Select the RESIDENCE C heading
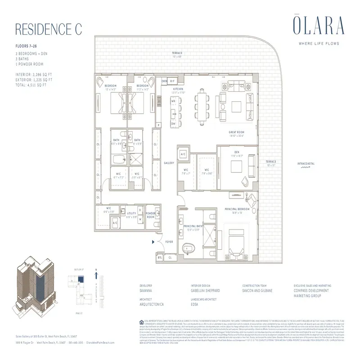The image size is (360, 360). (x=49, y=29)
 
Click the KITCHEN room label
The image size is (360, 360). (x=178, y=90)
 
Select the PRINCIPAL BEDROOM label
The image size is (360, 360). (x=236, y=208)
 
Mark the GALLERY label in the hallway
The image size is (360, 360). (x=169, y=163)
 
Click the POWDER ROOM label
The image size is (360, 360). (x=150, y=216)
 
